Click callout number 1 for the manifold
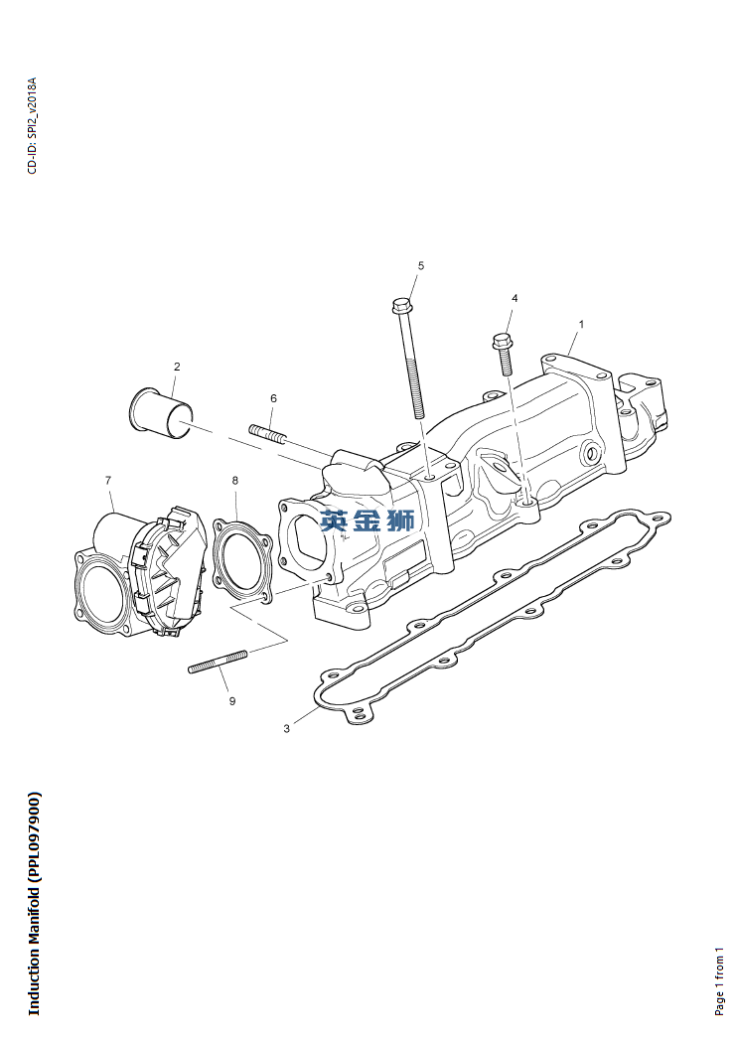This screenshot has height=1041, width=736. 581,325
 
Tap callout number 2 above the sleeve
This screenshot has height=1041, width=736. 177,367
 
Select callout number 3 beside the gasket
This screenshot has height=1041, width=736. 287,728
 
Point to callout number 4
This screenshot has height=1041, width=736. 515,299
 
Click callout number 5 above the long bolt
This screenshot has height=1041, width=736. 421,266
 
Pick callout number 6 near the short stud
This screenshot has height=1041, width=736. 273,398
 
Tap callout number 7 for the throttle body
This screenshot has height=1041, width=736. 108,480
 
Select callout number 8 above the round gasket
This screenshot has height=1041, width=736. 235,480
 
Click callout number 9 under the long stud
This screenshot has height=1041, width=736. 232,701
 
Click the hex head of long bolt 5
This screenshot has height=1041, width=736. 401,306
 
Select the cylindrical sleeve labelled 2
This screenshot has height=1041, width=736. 159,413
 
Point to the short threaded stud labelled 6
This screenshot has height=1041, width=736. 267,433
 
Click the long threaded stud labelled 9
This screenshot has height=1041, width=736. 218,662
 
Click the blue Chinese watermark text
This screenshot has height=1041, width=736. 368,520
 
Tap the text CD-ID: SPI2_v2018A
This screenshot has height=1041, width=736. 33,125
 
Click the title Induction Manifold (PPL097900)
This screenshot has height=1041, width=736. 34,903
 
